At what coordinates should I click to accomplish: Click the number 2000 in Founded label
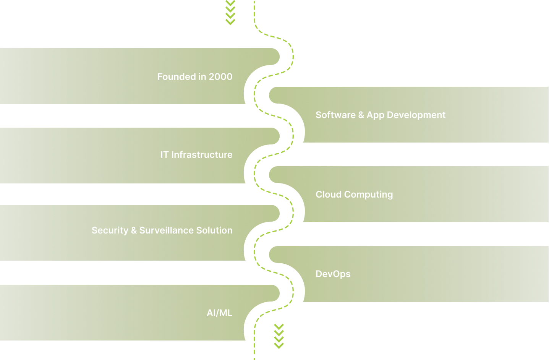pos(220,77)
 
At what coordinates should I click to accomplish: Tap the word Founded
pos(176,77)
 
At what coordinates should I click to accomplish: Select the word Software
pos(335,115)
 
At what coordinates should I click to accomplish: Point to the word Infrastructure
pos(202,155)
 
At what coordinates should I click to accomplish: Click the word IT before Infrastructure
pos(164,155)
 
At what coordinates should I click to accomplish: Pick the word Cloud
pos(328,195)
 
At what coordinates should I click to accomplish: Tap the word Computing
pos(368,195)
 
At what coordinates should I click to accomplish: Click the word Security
pos(110,230)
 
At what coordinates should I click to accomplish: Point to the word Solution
pos(214,230)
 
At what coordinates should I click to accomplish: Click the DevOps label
pos(333,274)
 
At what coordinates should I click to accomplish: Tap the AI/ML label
pos(219,313)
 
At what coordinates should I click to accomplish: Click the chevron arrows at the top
pos(230,12)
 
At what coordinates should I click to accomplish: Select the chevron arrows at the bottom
pos(279,336)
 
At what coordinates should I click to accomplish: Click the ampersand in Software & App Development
pos(361,115)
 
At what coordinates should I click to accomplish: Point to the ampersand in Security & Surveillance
pos(134,230)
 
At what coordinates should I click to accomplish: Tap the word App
pos(376,115)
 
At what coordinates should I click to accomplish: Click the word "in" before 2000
pos(202,77)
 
